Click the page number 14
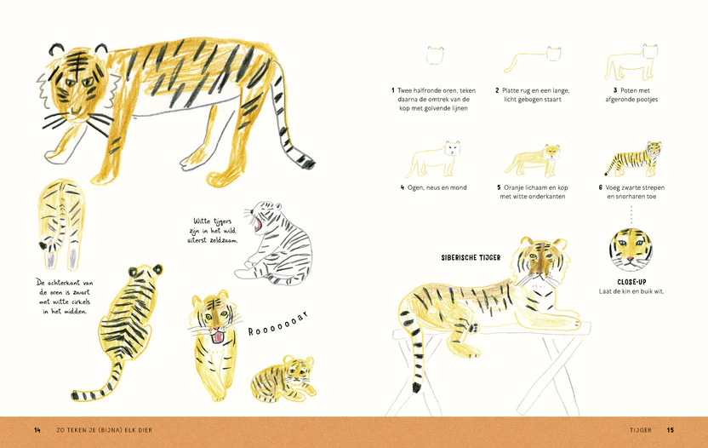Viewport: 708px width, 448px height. (37, 430)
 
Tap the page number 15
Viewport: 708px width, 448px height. (671, 430)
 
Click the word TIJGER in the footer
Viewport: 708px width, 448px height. (641, 430)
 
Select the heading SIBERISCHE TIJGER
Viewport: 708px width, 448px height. (471, 258)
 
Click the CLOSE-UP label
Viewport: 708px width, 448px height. (631, 282)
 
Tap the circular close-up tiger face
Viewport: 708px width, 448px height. (631, 250)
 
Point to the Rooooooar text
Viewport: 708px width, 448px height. (278, 324)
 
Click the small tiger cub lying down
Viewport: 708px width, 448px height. (283, 378)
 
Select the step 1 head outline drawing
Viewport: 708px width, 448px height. (436, 55)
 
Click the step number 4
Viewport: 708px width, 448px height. (403, 187)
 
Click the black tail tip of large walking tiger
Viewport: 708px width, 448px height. (308, 164)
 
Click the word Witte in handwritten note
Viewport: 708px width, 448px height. (203, 221)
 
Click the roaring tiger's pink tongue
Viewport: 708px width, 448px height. (218, 337)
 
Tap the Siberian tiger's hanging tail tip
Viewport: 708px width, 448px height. (416, 388)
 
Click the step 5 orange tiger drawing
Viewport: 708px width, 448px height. (534, 160)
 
